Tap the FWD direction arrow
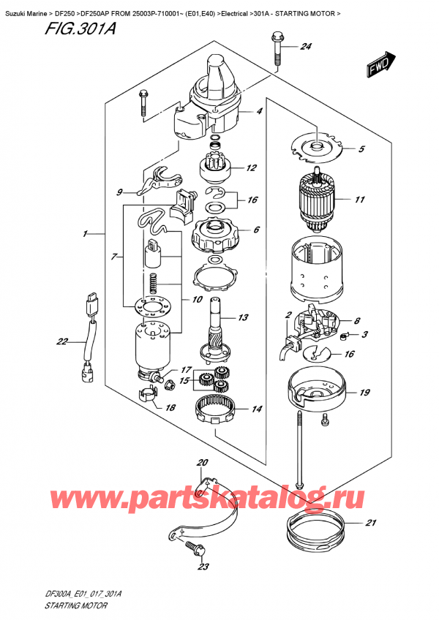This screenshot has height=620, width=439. pyautogui.click(x=379, y=65)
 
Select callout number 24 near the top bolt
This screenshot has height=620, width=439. pyautogui.click(x=306, y=48)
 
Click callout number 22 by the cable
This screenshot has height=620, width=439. pyautogui.click(x=61, y=341)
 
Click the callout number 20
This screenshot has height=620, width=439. pyautogui.click(x=203, y=462)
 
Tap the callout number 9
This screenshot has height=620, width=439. pyautogui.click(x=119, y=193)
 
